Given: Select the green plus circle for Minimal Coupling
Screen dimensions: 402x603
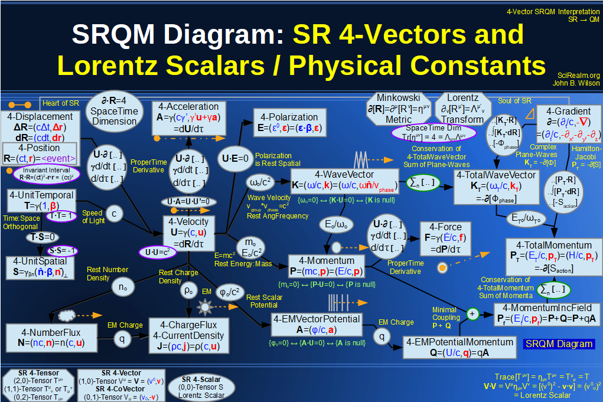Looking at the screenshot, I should click(472, 313).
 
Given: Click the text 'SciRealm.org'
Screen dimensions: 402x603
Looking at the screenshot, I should click(578, 76).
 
